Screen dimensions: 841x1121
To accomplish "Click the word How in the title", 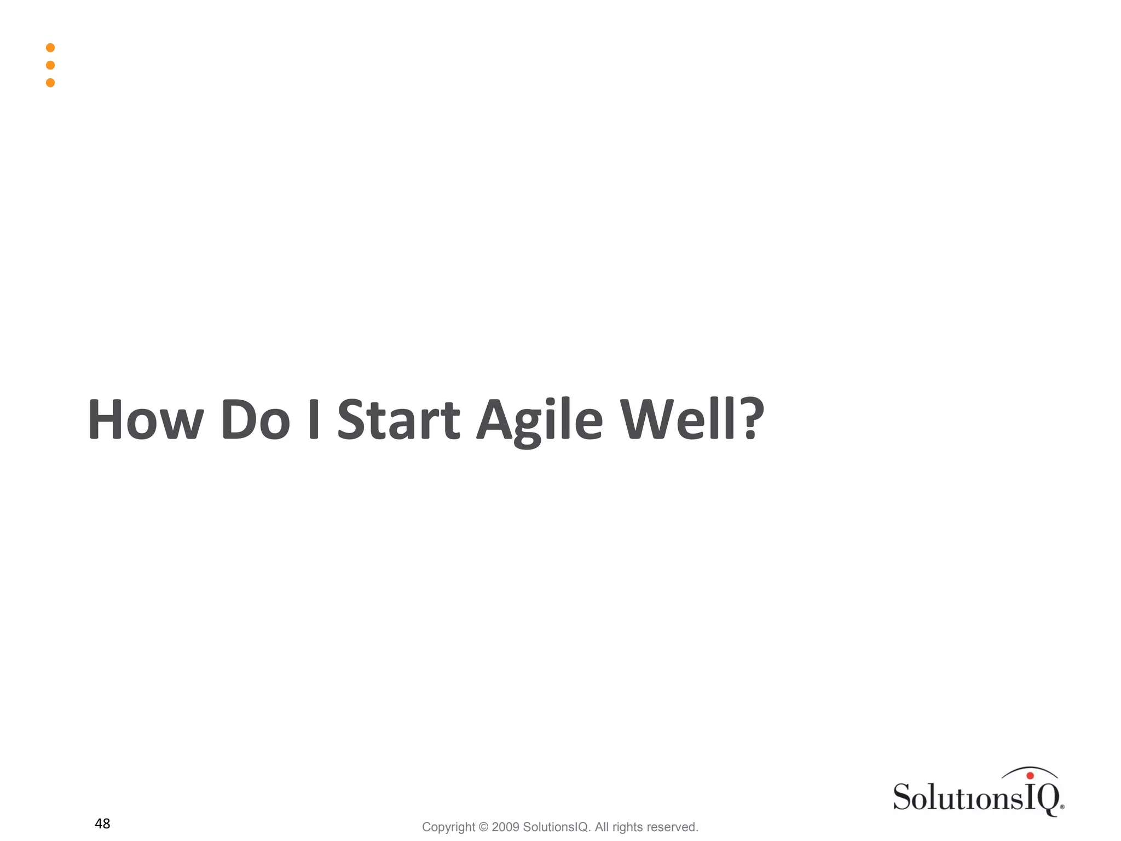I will point(145,420).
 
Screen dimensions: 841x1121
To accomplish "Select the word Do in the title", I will point(255,420).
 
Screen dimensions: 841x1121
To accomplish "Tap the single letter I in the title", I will point(314,420).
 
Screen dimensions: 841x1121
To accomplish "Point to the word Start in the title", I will point(398,420).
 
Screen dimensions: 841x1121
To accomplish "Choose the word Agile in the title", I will point(539,422).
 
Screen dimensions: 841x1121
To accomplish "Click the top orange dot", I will point(50,48).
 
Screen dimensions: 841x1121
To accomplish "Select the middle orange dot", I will point(50,65).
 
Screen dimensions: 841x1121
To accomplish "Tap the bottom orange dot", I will point(50,83).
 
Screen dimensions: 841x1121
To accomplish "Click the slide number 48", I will point(102,823).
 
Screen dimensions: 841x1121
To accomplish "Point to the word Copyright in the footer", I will point(448,827).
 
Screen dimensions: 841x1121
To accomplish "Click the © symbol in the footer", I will point(483,827).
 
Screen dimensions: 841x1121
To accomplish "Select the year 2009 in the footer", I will point(505,827).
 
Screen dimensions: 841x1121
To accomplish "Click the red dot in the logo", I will point(1030,776).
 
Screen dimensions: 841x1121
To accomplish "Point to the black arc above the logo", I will point(1029,769).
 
